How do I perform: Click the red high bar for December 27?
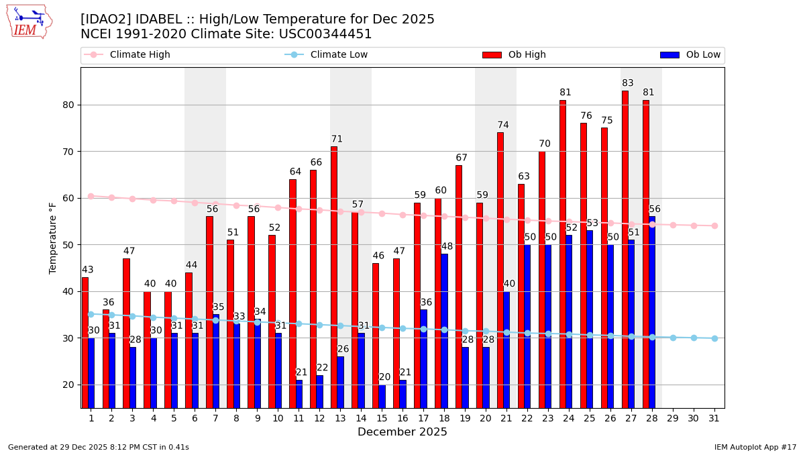[x=625, y=248]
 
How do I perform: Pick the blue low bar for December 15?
[x=382, y=396]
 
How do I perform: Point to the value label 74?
[x=503, y=125]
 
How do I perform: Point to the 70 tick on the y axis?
[x=68, y=152]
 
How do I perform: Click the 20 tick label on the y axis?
[x=68, y=385]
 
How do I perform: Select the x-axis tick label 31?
[x=714, y=418]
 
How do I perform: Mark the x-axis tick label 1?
[x=91, y=418]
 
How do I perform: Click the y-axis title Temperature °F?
[x=53, y=238]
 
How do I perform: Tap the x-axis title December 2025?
[x=402, y=432]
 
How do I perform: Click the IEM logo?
[x=30, y=22]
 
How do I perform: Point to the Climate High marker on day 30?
[x=694, y=225]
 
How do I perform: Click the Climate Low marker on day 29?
[x=673, y=338]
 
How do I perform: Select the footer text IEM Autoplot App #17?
[x=755, y=447]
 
